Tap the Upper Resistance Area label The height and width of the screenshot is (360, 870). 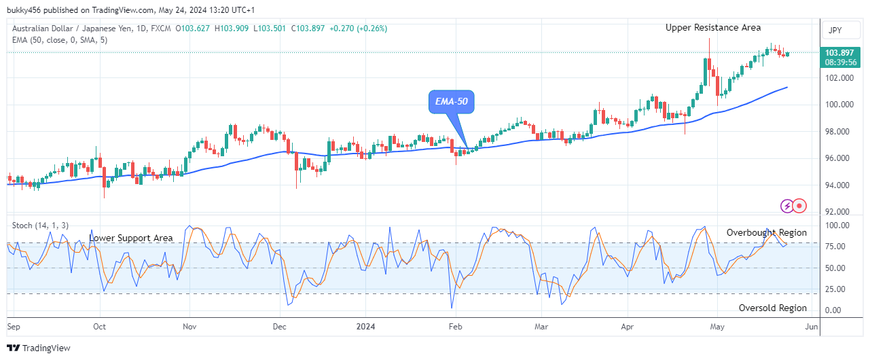pyautogui.click(x=713, y=28)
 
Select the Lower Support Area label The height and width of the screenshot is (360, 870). pyautogui.click(x=131, y=238)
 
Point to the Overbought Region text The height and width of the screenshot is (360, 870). pyautogui.click(x=766, y=233)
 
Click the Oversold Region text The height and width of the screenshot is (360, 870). pyautogui.click(x=772, y=308)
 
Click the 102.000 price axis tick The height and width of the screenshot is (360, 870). pyautogui.click(x=839, y=78)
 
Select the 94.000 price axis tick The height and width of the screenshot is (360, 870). pyautogui.click(x=839, y=185)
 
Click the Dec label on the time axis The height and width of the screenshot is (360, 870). pyautogui.click(x=279, y=326)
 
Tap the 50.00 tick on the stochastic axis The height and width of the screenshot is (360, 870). pyautogui.click(x=835, y=268)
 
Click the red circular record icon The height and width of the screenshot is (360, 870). pyautogui.click(x=799, y=205)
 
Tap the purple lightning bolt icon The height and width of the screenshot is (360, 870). pyautogui.click(x=786, y=205)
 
